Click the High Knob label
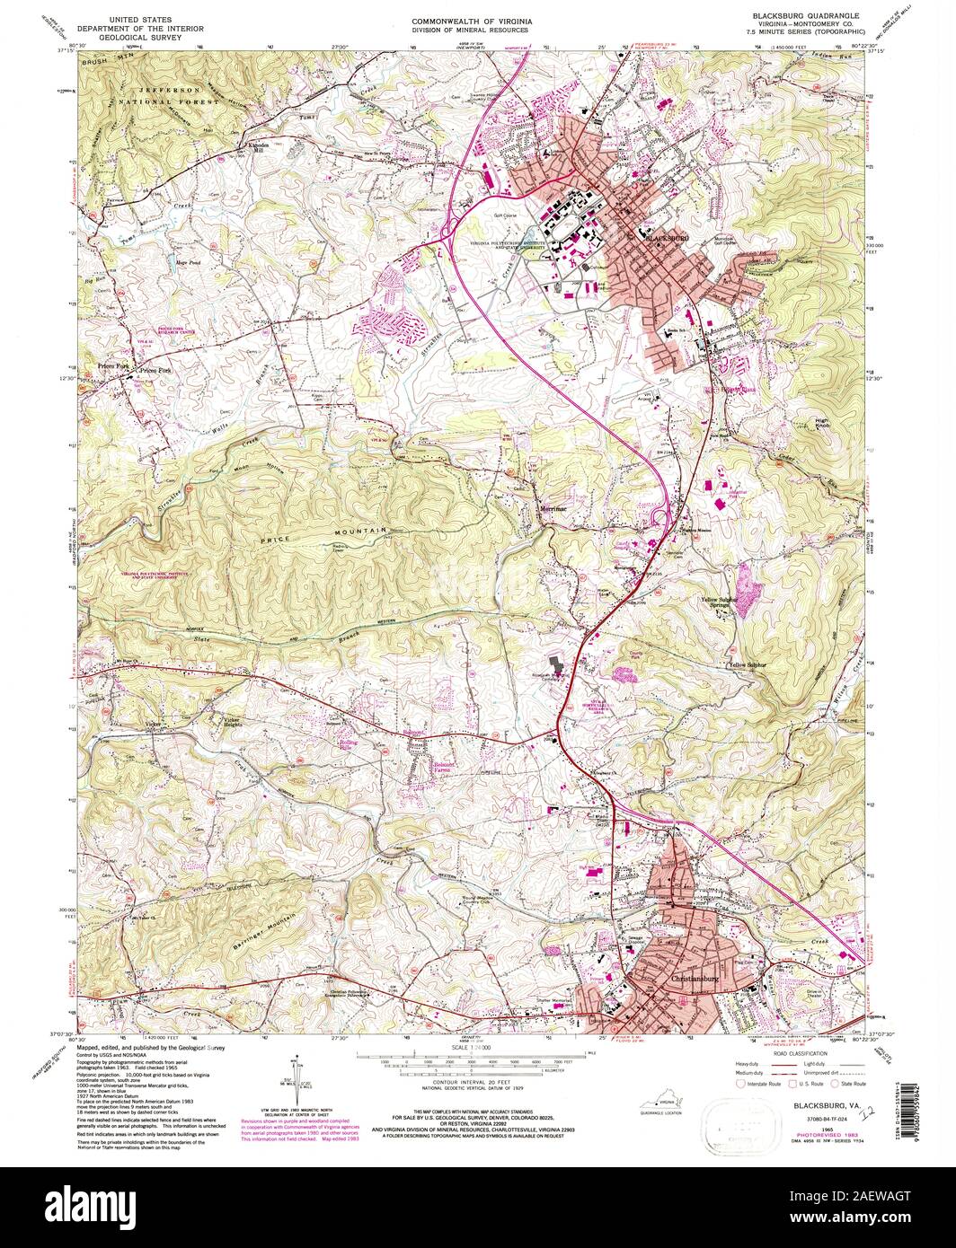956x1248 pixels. click(821, 421)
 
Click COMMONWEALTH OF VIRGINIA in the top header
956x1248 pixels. click(472, 17)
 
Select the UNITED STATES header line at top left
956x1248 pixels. click(140, 17)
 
